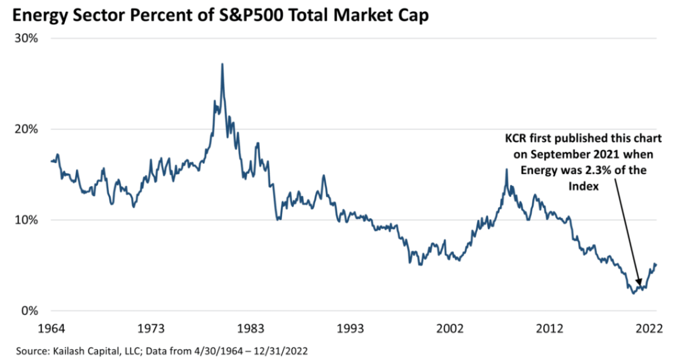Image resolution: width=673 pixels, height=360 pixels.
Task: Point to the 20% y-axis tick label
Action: (x=26, y=129)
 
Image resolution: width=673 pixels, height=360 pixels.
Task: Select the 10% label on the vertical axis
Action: (x=26, y=220)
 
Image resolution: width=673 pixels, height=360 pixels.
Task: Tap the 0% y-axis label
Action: (x=29, y=311)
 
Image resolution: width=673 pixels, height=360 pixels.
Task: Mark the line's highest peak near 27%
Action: (x=222, y=64)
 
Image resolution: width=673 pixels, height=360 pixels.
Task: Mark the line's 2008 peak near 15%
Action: (x=506, y=169)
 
